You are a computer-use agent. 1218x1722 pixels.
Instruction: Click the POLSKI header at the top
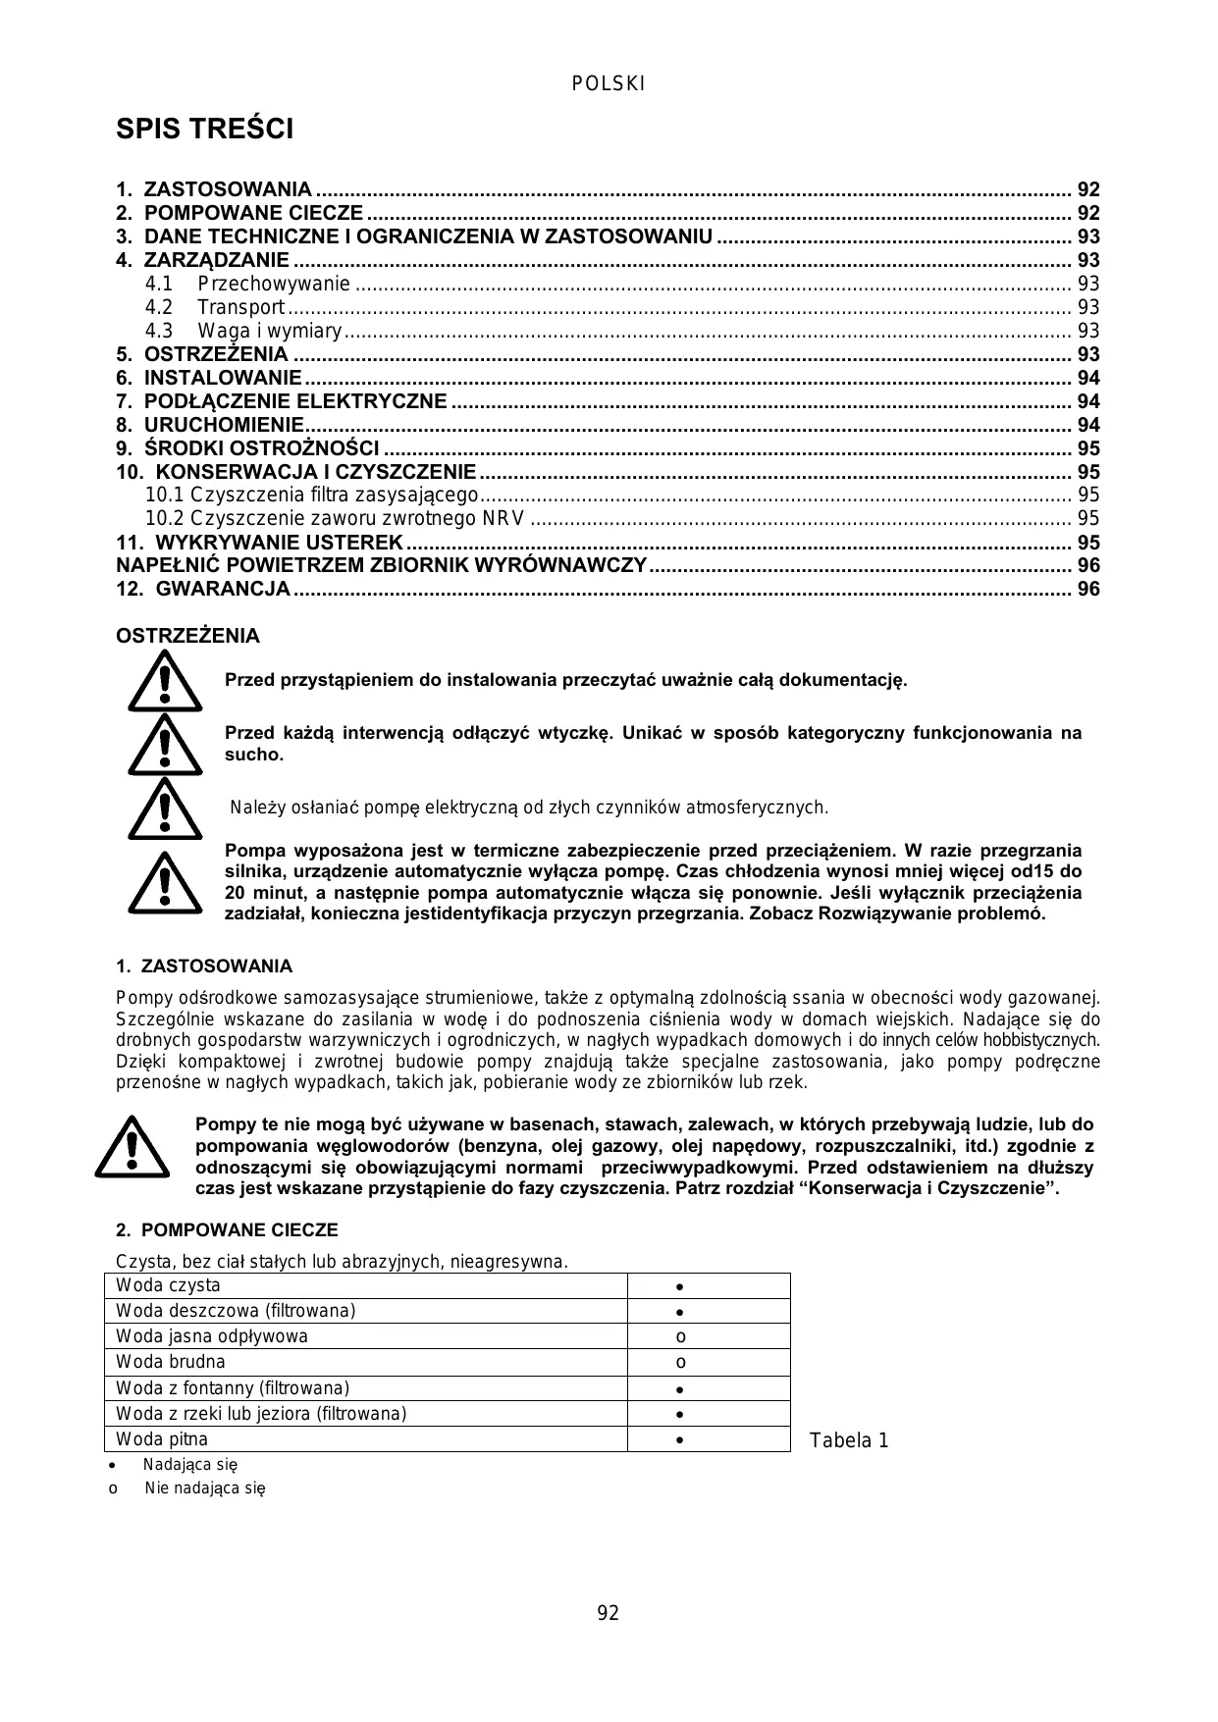(609, 84)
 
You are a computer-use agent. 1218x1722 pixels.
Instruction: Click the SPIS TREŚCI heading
(204, 130)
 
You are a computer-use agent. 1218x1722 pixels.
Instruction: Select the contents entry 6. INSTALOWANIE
(223, 378)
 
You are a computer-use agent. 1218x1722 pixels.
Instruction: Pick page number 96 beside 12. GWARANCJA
(1088, 589)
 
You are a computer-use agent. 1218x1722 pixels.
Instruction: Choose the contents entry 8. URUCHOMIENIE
(224, 425)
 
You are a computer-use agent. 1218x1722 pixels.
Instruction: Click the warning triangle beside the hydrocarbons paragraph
(132, 1146)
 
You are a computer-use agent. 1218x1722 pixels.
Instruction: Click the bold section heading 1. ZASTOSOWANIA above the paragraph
(204, 966)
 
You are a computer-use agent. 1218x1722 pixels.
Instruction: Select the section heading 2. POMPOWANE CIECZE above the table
(227, 1230)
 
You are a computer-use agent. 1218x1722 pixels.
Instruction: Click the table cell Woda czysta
(168, 1285)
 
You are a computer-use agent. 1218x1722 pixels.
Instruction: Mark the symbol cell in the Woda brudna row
(680, 1362)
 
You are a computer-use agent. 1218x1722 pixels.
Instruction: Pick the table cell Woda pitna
(162, 1439)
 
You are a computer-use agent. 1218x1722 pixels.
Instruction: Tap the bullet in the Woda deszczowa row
(679, 1312)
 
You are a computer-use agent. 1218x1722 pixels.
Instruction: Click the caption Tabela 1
(849, 1440)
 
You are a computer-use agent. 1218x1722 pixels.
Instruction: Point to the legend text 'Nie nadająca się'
(205, 1487)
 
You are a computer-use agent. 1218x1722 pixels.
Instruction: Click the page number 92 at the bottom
(609, 1613)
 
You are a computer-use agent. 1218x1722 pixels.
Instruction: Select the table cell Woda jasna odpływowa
(212, 1336)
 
